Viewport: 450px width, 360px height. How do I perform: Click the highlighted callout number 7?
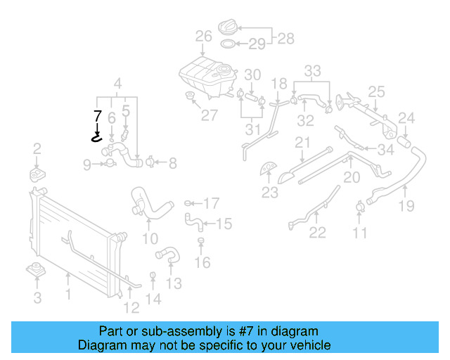coord(98,115)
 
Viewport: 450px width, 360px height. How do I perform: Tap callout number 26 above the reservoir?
coord(203,36)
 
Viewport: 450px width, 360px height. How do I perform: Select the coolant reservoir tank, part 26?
coord(207,74)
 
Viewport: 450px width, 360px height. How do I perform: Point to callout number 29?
coord(257,45)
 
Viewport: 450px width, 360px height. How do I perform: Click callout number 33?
coord(312,70)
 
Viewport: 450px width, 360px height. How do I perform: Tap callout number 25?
coord(377,91)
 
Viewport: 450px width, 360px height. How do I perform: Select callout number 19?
coord(406,206)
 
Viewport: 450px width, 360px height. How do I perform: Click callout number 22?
coord(318,233)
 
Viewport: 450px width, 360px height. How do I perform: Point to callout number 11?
coord(360,233)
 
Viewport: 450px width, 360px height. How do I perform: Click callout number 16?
coord(202,263)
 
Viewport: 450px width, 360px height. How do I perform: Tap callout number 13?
coord(174,283)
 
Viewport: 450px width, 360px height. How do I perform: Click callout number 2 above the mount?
coord(37,148)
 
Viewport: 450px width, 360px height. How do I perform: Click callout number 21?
coord(302,143)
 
